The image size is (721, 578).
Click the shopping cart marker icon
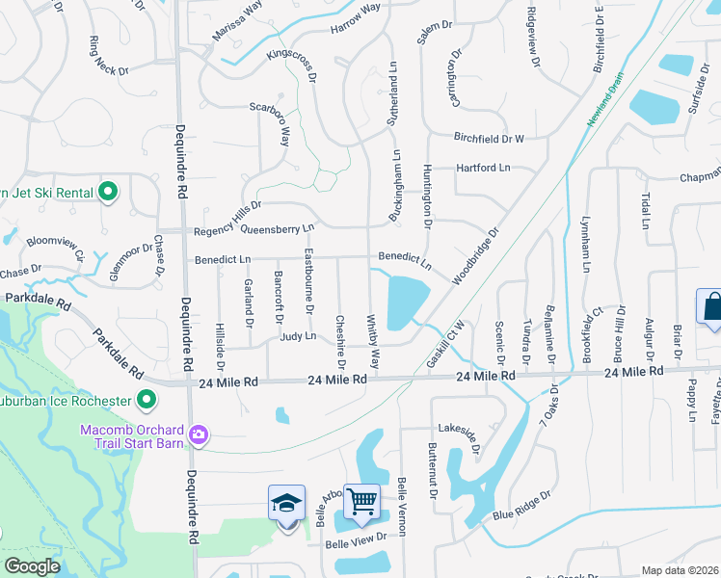[361, 500]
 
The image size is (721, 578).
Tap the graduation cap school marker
[286, 502]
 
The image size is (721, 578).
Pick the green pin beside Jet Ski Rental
[108, 192]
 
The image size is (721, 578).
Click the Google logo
[31, 566]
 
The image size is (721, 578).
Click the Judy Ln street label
[298, 336]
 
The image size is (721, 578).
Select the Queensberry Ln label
[278, 229]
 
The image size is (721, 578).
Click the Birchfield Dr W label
[489, 138]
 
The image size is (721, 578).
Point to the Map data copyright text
[680, 570]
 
